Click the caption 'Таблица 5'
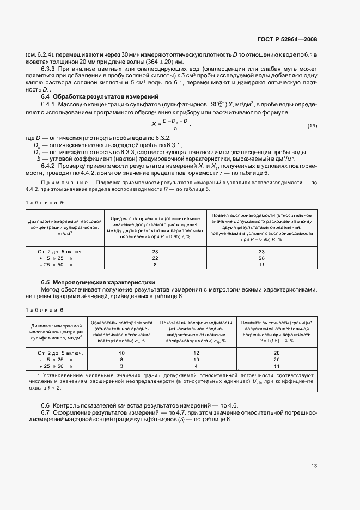point(45,203)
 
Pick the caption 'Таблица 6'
point(45,309)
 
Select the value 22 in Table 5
point(155,258)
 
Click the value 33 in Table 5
point(261,251)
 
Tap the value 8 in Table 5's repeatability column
point(155,264)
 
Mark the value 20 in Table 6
point(276,360)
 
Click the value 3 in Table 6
point(121,367)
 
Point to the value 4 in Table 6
point(196,367)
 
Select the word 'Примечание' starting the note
point(59,181)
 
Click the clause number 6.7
point(46,411)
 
